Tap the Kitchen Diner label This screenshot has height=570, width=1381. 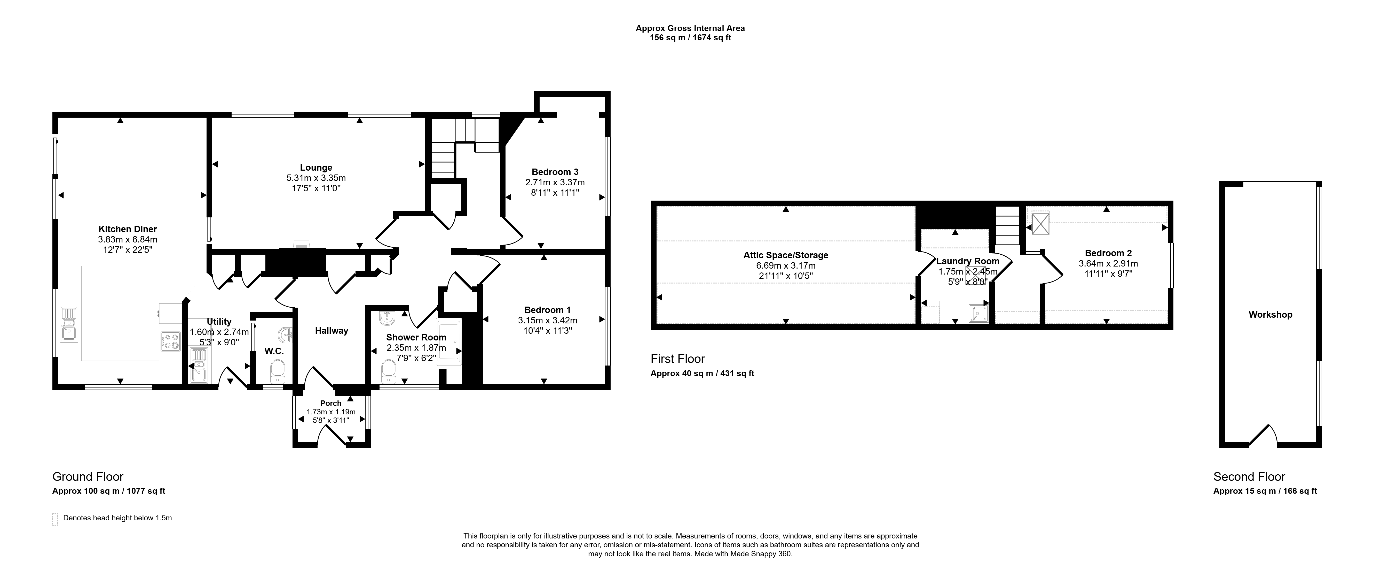(128, 229)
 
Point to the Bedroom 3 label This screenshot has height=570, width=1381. (555, 172)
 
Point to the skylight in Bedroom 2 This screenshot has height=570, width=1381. (1040, 224)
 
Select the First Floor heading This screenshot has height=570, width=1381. (678, 359)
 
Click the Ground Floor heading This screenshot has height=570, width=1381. (88, 477)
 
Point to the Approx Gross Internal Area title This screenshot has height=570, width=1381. (690, 28)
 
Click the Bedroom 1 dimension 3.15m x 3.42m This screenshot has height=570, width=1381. (547, 320)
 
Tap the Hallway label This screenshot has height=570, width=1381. (331, 331)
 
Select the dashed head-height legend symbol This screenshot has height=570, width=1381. (55, 519)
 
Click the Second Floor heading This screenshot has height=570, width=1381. (1249, 477)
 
